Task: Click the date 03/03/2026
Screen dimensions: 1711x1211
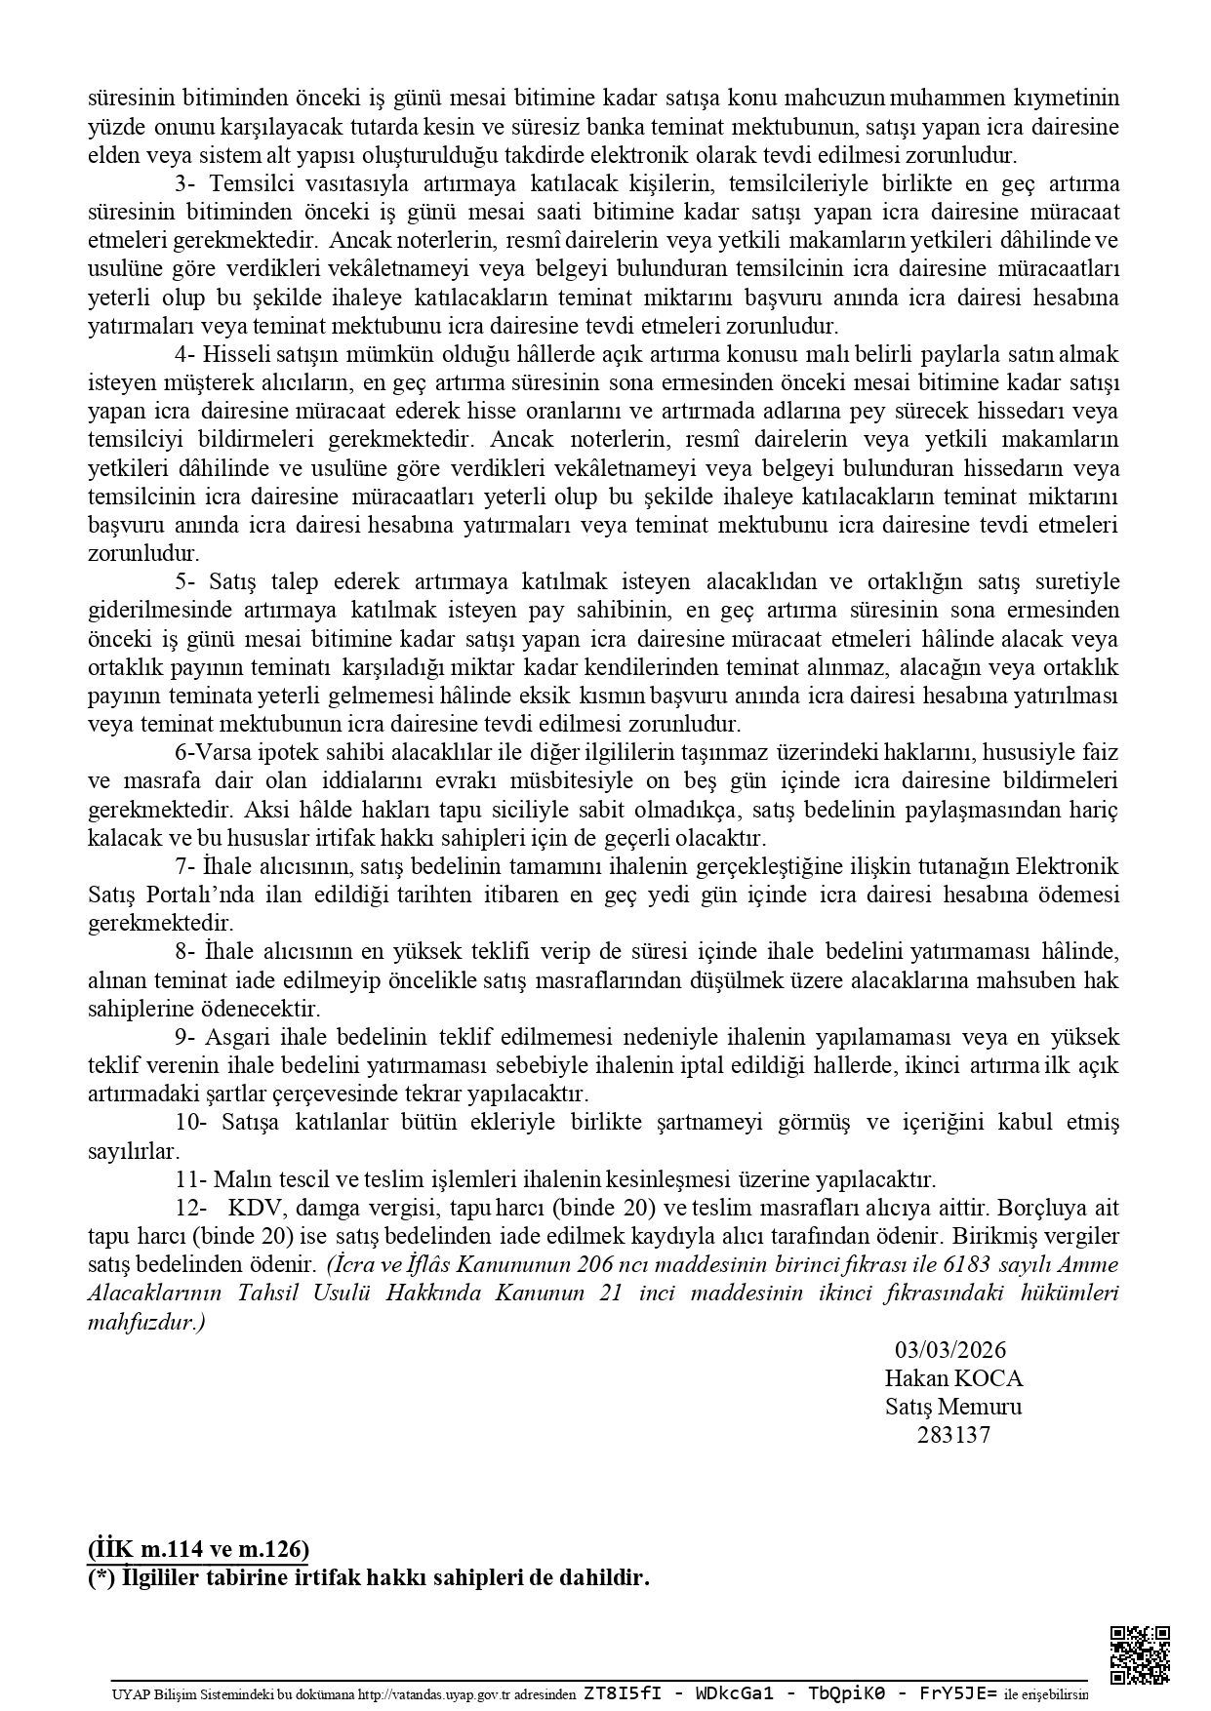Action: point(950,1350)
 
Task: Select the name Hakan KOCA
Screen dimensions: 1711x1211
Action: point(953,1378)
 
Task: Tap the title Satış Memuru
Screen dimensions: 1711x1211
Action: point(953,1407)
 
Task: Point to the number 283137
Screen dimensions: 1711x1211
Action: point(953,1435)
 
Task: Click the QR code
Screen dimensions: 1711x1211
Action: point(1140,1654)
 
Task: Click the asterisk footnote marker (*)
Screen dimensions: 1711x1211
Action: point(101,1577)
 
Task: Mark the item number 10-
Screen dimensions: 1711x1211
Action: point(190,1122)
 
